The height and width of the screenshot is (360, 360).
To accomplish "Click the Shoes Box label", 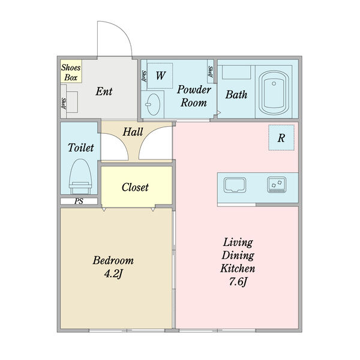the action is coord(71,73).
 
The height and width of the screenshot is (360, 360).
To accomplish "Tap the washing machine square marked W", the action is coord(160,76).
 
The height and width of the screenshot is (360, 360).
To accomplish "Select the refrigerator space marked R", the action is coord(281,138).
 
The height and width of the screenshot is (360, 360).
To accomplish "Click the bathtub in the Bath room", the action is coord(274,92).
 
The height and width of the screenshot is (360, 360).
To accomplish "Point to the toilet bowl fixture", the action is coord(80,176).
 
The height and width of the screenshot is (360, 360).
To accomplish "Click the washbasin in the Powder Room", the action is coord(153,104).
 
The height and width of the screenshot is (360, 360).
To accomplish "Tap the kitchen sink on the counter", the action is coord(235,185).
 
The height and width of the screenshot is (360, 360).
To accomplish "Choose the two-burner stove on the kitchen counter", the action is coord(277,185).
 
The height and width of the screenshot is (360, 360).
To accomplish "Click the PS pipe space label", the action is coord(79,202).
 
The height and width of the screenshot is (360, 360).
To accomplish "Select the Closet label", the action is coord(135,187).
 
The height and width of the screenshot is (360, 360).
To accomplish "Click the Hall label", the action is coord(133,132).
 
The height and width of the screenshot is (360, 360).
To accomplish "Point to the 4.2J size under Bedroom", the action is coord(113,274).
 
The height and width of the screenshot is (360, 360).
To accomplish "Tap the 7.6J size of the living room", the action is coord(238,281).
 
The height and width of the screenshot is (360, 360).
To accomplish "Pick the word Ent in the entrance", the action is coord(104,91).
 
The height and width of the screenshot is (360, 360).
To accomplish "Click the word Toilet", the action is coord(81,148).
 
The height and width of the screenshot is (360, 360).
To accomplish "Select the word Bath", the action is coord(236,94).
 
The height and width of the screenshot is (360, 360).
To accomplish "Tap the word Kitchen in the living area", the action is coord(238,268).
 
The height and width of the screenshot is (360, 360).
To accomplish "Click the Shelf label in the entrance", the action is coord(64,103).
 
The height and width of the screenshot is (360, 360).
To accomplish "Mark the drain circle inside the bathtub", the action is coord(274,83).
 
